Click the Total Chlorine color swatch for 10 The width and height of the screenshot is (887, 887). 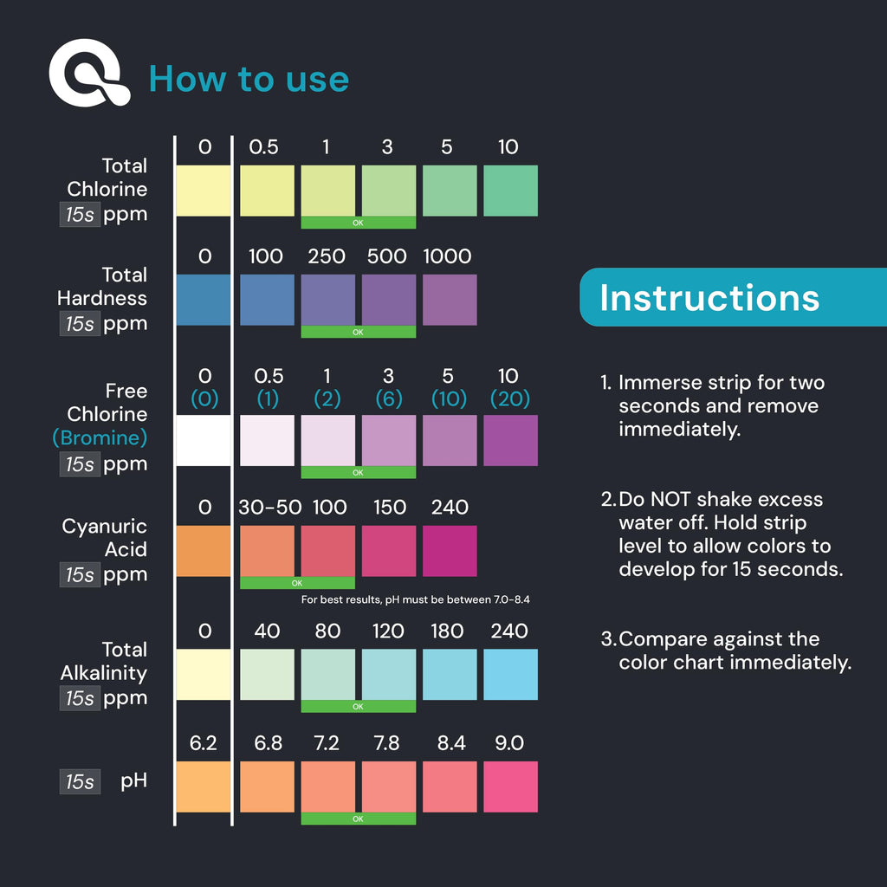(x=510, y=191)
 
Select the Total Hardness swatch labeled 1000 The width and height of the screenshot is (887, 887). (x=450, y=300)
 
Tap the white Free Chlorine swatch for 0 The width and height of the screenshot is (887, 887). (x=204, y=441)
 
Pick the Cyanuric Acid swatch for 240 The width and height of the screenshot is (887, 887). (x=450, y=551)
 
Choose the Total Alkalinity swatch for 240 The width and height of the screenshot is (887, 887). (x=510, y=674)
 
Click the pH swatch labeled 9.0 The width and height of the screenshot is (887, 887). (x=510, y=787)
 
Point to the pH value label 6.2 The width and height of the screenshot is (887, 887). (x=203, y=742)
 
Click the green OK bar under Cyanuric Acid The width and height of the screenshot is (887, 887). (x=298, y=583)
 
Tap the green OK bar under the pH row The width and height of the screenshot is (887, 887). (x=358, y=819)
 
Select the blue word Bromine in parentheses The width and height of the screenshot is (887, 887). (x=100, y=437)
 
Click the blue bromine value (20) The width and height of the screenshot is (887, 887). (x=509, y=398)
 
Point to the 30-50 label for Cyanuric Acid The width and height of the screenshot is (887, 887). (x=270, y=508)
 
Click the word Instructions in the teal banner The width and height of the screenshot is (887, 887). (x=709, y=298)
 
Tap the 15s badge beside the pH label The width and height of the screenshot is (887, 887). (x=80, y=781)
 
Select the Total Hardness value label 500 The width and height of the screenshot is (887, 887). (x=387, y=256)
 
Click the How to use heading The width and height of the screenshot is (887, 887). (x=249, y=79)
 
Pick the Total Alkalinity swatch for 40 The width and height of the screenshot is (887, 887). (x=267, y=674)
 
